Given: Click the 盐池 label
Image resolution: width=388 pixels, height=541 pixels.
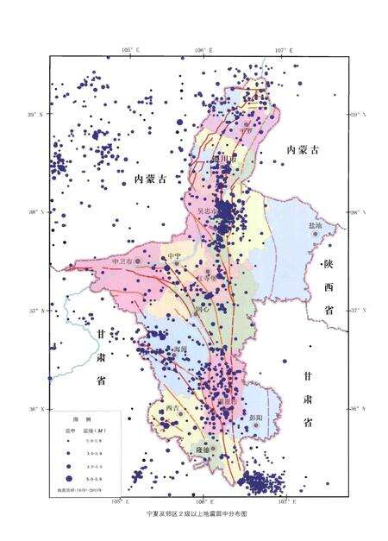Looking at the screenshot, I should (315, 226).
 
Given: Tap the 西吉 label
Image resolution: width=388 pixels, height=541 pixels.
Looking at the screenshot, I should (171, 408).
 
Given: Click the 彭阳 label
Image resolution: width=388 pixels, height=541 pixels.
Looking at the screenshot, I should (255, 417).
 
